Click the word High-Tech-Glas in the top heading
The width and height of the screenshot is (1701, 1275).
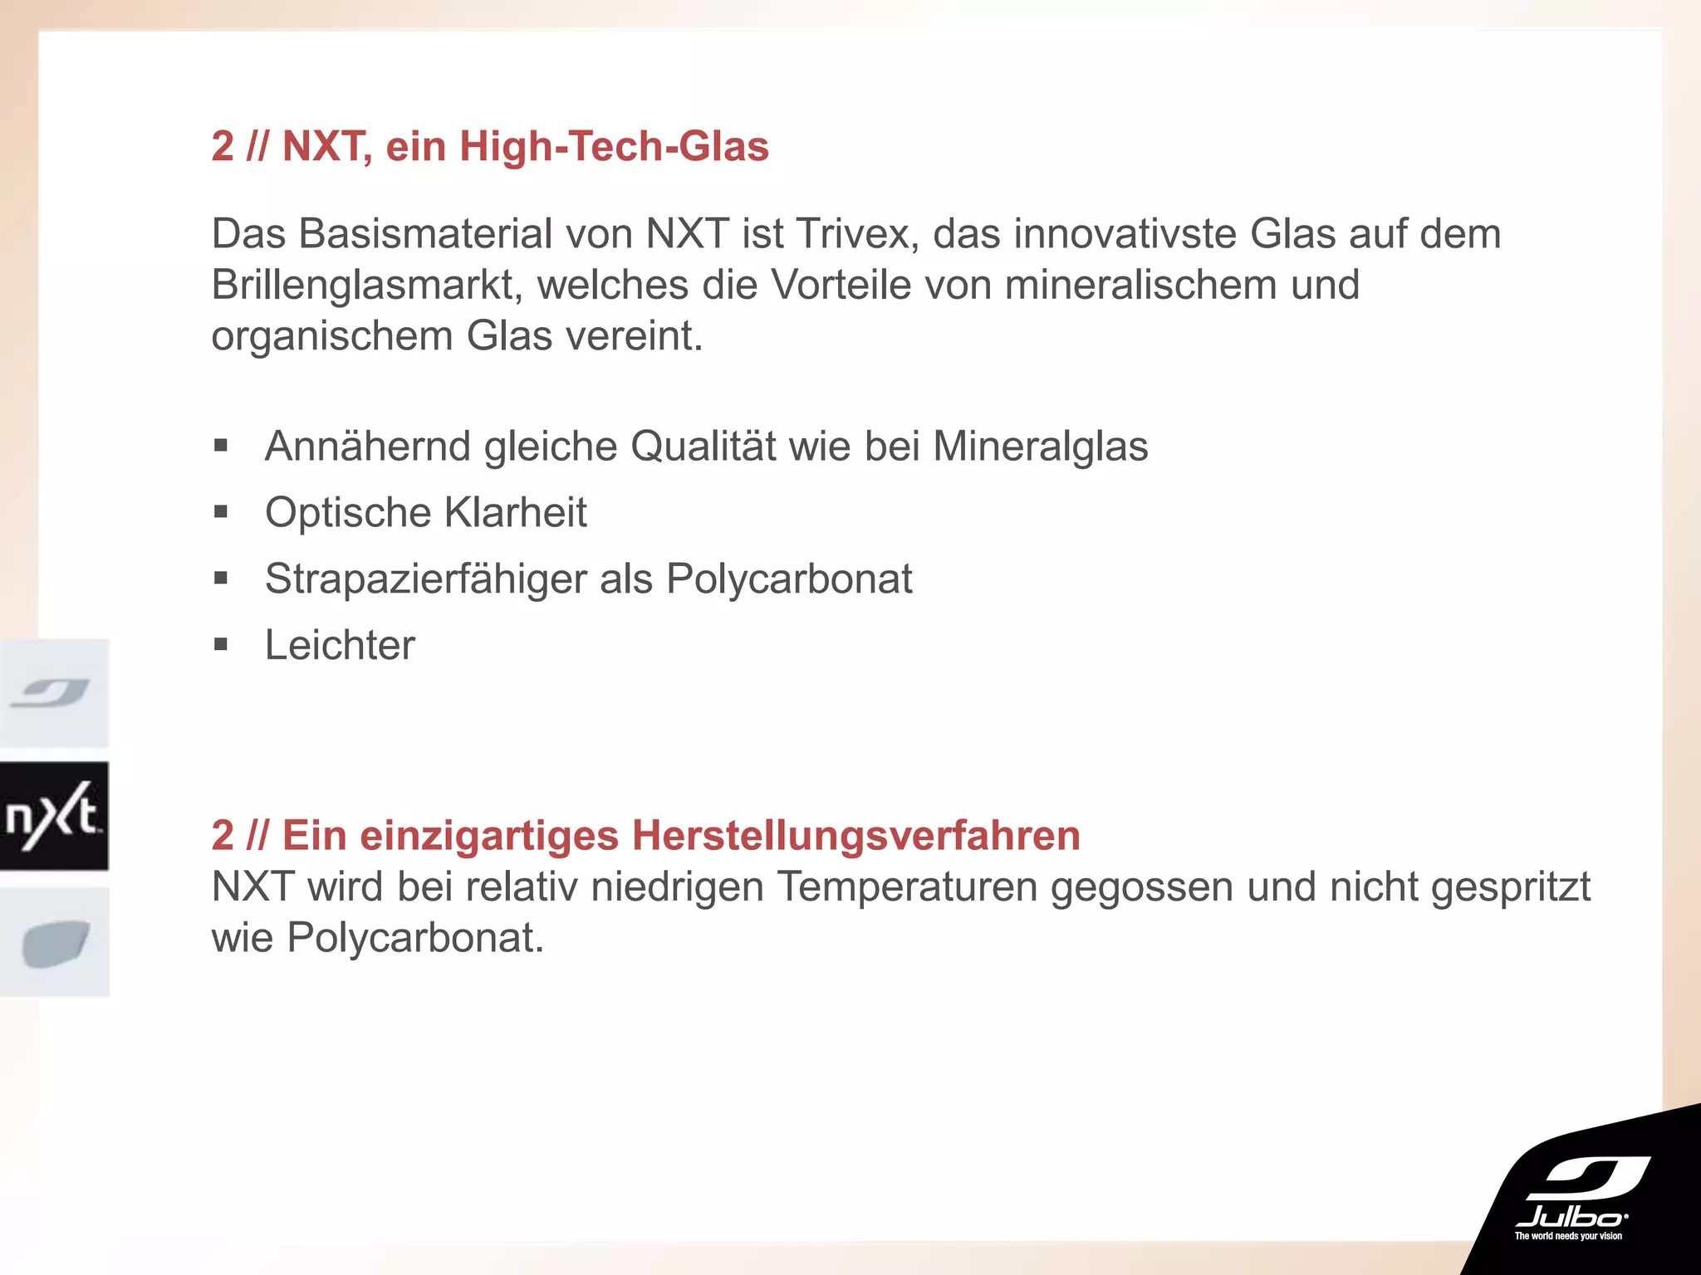(614, 146)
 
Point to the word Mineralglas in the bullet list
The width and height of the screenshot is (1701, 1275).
(1040, 446)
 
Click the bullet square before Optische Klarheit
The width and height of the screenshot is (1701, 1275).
(221, 512)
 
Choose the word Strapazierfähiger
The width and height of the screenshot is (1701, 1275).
(425, 579)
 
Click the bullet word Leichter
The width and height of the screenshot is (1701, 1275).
(340, 645)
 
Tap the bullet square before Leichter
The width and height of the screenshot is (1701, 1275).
(221, 644)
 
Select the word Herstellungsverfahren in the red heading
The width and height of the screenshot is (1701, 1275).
(855, 835)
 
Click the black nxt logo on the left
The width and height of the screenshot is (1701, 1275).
(54, 816)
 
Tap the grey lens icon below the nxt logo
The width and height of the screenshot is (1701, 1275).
(55, 943)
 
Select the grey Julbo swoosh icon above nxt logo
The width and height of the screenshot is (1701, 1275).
(52, 692)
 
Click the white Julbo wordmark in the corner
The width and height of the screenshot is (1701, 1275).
(1571, 1217)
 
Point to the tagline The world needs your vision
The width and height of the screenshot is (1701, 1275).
(1568, 1236)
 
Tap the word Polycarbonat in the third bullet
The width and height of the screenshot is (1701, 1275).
(788, 579)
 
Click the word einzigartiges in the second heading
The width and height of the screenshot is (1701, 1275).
(489, 835)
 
